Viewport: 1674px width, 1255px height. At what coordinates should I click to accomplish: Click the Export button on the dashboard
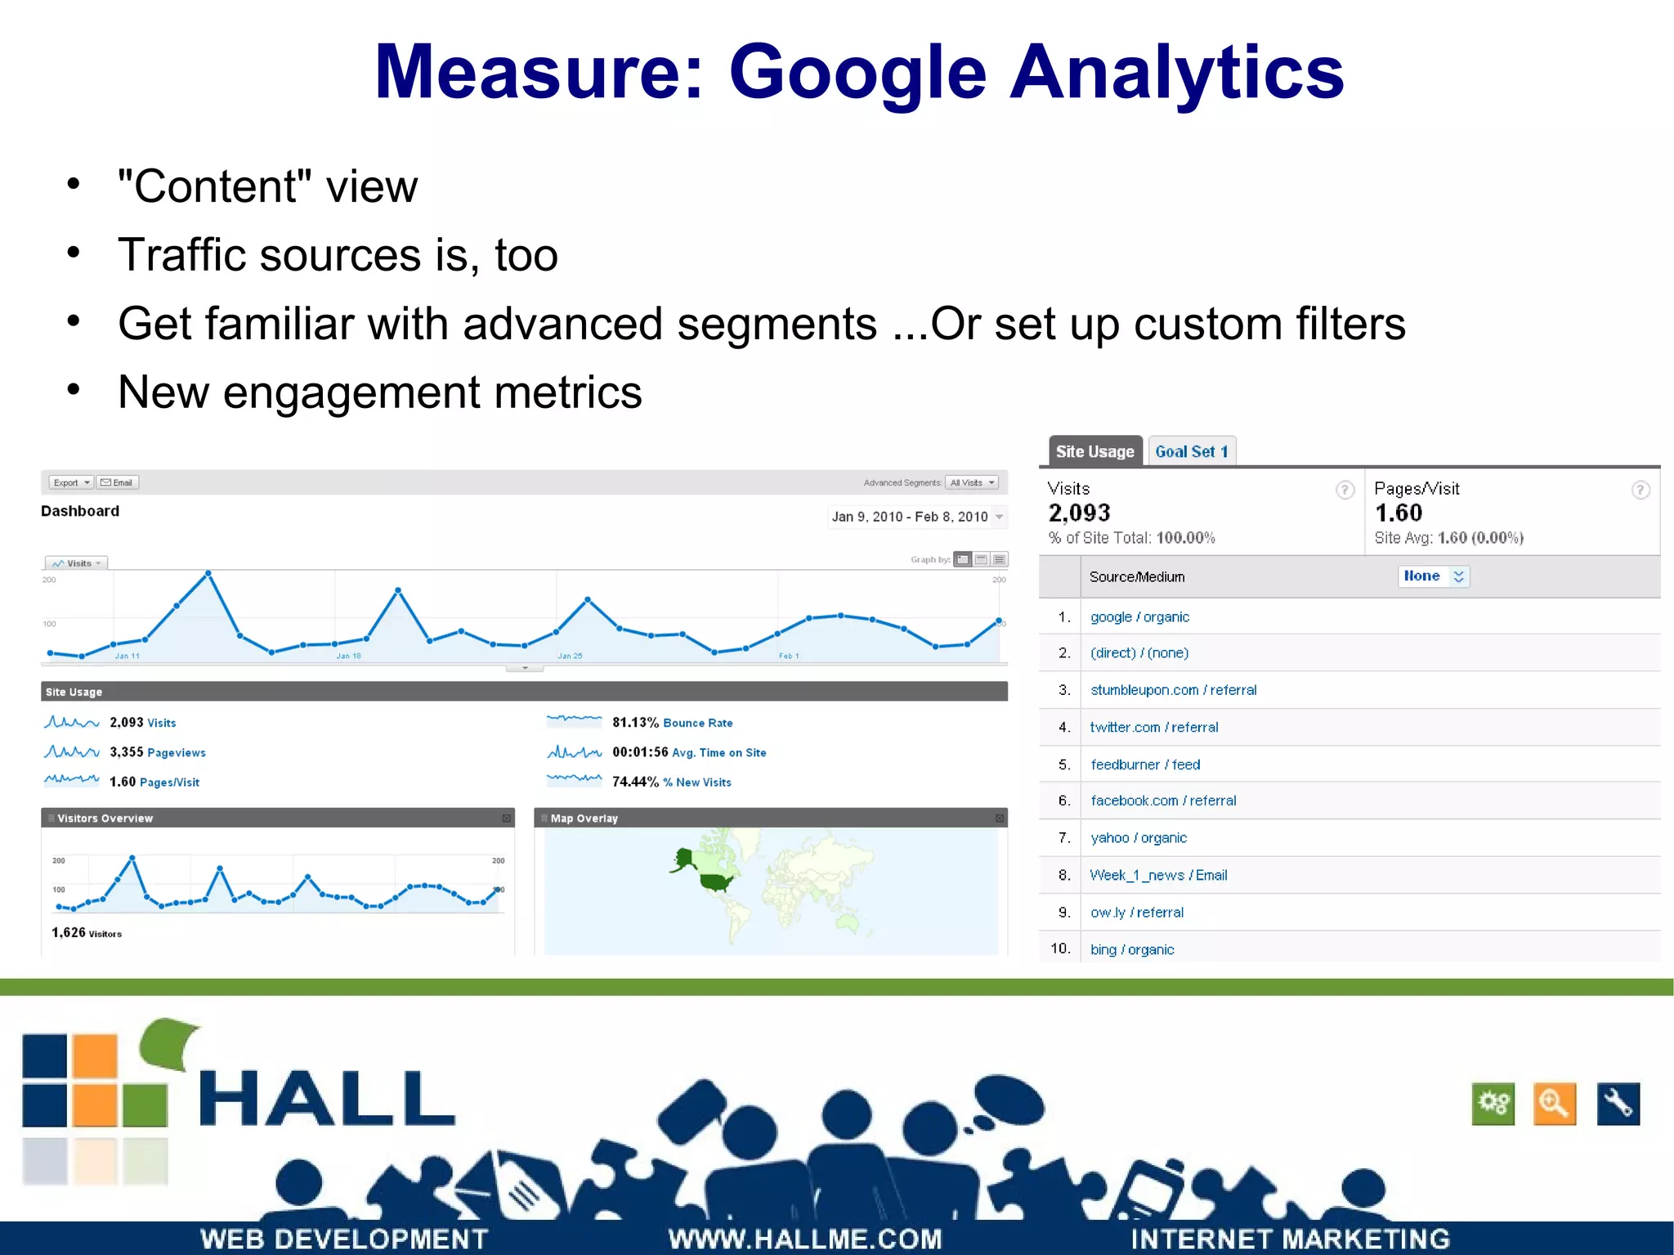70,482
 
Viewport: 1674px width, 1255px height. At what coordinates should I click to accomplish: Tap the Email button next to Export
117,482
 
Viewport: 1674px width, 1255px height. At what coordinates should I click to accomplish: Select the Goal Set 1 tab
1191,451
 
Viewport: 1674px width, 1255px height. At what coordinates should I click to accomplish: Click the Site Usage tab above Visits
1094,451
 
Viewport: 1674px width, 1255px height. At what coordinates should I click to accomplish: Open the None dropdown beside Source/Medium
1433,576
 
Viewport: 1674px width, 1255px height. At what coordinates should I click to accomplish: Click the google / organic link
1139,617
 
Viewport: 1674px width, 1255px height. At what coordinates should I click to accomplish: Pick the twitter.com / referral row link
1153,727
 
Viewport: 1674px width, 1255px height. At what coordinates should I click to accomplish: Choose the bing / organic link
1132,949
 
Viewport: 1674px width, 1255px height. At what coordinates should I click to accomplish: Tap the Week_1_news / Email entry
1158,875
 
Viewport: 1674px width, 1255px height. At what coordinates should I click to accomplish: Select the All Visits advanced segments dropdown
972,482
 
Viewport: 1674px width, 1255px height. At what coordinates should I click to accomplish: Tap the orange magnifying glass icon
1554,1104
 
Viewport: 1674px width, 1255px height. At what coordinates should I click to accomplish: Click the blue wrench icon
1618,1104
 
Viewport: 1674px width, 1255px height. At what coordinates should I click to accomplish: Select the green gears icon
1493,1104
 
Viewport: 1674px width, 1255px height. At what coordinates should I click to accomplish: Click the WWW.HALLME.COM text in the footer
805,1239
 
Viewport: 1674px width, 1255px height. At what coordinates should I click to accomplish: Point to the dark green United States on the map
717,882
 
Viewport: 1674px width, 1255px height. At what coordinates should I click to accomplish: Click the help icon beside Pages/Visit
1640,490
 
